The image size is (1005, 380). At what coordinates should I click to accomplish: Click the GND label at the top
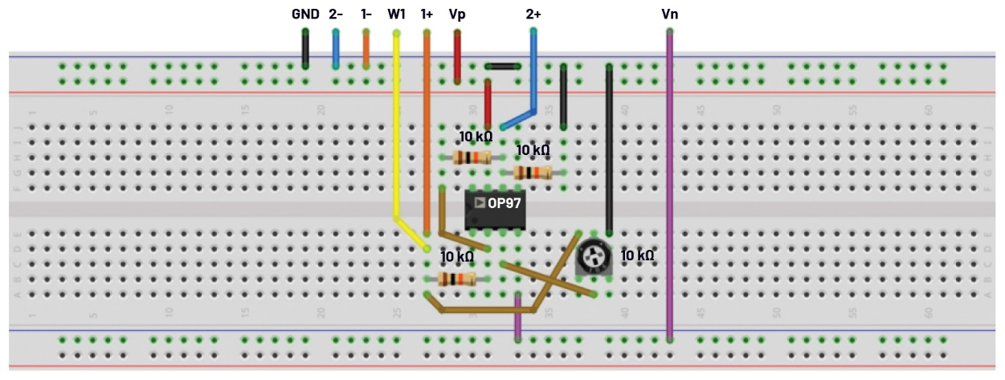305,14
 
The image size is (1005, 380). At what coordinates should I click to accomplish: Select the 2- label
336,14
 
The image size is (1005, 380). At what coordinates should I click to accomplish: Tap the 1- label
366,14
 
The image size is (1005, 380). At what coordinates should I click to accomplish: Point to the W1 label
396,14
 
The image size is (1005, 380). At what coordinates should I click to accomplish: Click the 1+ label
427,14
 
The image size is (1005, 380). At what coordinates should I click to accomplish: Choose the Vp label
457,14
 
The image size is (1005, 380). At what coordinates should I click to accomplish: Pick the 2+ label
533,14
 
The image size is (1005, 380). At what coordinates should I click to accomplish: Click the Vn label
669,14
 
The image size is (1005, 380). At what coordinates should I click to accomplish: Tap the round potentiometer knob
594,255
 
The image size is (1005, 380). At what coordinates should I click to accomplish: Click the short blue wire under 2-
336,50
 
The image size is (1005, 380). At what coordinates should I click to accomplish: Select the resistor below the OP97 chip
456,280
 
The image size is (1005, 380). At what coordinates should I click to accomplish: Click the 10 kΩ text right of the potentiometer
638,255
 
